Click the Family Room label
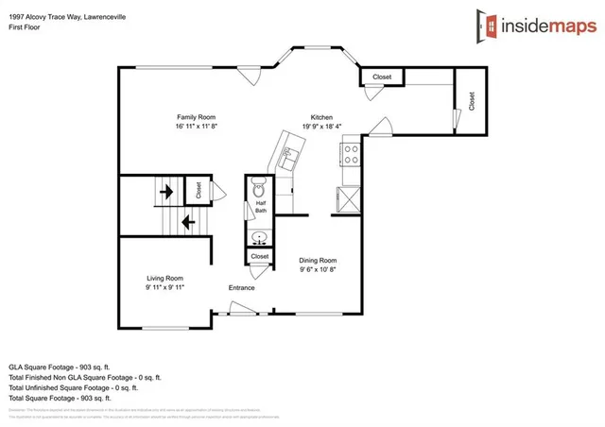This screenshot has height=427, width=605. [x=197, y=116]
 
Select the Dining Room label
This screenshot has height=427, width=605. [x=318, y=260]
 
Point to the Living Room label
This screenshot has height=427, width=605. [x=164, y=278]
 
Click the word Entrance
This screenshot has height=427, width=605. [x=243, y=287]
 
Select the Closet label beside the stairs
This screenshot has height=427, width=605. [x=199, y=190]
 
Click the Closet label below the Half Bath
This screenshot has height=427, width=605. [x=259, y=256]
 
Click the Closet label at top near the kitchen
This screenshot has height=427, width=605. [x=382, y=77]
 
